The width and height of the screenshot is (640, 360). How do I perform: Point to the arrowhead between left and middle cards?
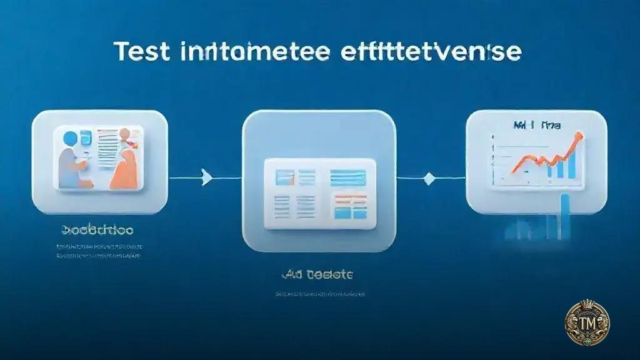(x=206, y=179)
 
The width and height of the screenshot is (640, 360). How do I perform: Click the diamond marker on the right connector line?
(x=428, y=179)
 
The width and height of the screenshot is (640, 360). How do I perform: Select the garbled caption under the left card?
(x=98, y=231)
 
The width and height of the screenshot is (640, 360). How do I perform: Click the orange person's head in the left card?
(x=125, y=134)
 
